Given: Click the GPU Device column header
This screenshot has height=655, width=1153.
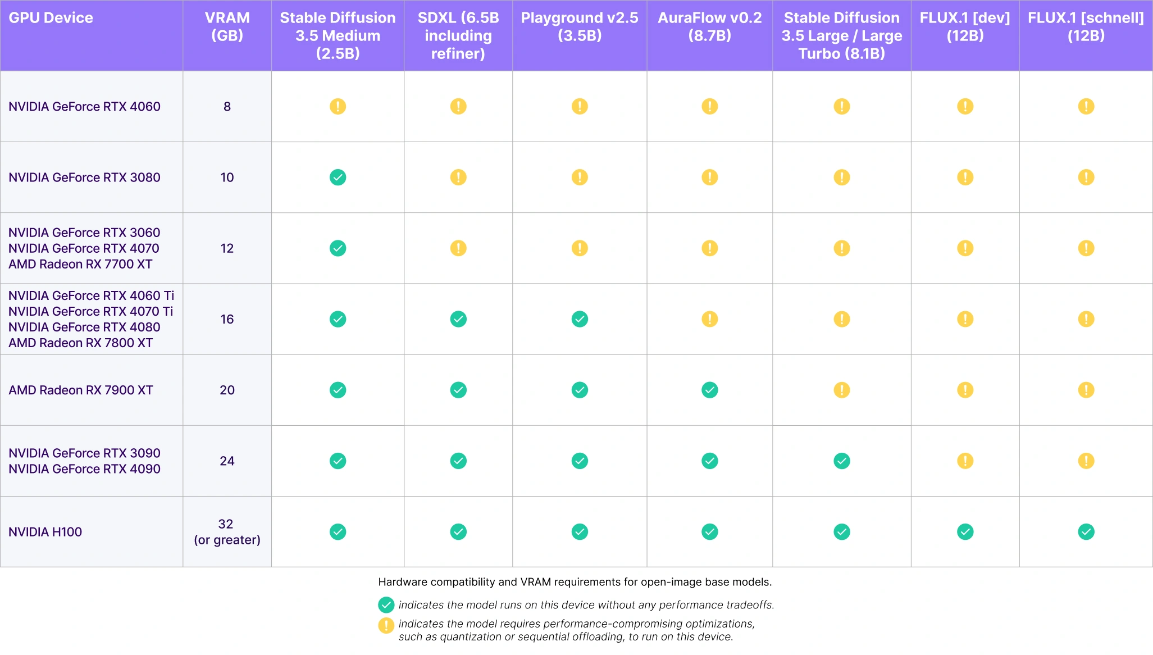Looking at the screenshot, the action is pos(51,18).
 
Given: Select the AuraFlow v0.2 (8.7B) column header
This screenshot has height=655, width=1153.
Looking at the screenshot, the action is pos(709,26).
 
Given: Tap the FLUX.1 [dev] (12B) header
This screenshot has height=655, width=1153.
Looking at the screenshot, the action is pos(965,26).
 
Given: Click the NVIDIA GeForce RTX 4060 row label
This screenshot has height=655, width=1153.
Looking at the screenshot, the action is pos(84,106).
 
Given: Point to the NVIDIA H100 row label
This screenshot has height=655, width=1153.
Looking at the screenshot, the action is pos(45,531).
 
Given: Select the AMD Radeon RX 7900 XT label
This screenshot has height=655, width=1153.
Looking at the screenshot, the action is pos(81,390).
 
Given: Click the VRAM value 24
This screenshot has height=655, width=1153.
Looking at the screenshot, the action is pos(227,461).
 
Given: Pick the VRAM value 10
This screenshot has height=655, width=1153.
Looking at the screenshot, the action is pos(227,177).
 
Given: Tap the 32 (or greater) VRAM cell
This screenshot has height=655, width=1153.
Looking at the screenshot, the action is pos(227,531).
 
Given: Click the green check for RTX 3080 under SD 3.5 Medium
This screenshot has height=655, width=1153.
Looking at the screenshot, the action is pos(338,177).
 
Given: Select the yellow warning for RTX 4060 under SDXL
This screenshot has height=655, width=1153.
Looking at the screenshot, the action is pos(458,106).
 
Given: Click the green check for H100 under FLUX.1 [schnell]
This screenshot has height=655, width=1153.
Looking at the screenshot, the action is pos(1086,531).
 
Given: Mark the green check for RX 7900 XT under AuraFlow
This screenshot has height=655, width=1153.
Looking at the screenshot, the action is pos(709,390).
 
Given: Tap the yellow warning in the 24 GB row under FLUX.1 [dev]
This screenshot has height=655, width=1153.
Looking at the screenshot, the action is pos(965,461).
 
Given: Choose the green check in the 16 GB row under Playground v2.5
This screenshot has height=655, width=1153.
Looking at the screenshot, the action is pos(580,319).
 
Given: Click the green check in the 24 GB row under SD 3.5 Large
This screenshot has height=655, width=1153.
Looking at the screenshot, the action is pos(841,461).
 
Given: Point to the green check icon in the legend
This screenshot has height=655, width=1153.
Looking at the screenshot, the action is pos(386,604).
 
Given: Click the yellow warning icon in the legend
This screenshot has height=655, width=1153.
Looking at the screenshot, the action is pos(386,625).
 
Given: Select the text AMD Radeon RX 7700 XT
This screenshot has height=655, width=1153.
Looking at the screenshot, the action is pos(80,264).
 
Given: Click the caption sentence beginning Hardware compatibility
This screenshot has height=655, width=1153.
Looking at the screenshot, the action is pos(575,582).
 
